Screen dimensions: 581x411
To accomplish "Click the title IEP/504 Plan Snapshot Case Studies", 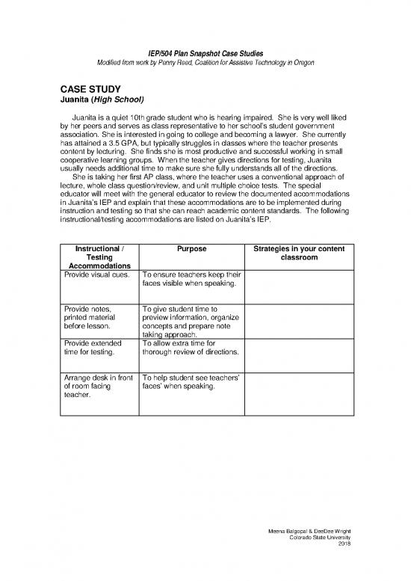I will tap(205, 49).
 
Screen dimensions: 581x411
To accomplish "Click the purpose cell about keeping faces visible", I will tap(190, 279).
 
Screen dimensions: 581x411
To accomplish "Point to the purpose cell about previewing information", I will tap(190, 322).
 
